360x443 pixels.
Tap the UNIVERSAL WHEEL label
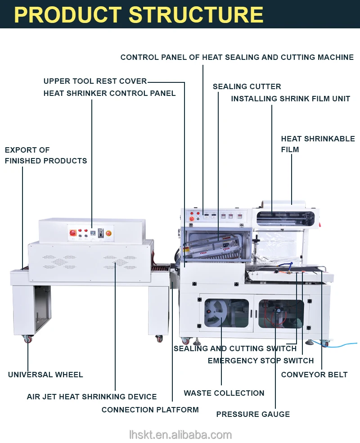coord(45,375)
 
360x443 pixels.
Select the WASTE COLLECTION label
coord(224,393)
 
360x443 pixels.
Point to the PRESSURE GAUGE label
coord(253,414)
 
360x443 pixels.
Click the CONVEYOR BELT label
coord(314,375)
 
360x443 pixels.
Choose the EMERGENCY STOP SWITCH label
coord(261,361)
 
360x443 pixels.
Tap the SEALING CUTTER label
coord(247,86)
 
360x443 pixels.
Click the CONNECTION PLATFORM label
coord(150,410)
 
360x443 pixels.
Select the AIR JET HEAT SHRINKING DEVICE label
coord(92,397)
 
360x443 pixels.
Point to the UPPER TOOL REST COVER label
coord(95,81)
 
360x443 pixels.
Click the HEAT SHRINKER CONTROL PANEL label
coord(109,93)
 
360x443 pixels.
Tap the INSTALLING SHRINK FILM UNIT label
coord(290,99)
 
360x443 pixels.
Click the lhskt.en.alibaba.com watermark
coord(180,434)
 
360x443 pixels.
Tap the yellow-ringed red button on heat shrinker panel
coord(108,233)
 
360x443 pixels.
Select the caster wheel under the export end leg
coord(28,339)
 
